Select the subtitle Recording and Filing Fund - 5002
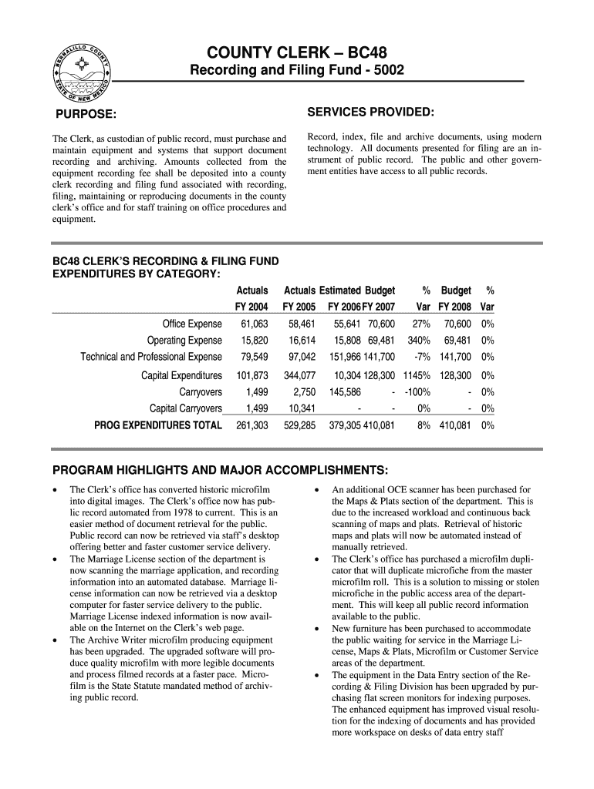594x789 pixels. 297,71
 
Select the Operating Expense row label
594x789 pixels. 184,340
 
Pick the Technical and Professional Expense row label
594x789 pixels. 151,357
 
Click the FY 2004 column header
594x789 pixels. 251,307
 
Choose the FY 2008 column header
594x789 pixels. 455,307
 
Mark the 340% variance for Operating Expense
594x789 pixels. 418,340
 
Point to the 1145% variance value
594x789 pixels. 415,375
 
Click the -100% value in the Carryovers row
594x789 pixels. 417,391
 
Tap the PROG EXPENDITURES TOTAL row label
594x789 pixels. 158,425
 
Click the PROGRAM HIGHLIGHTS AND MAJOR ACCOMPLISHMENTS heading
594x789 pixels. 220,470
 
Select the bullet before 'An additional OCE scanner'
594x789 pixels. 316,490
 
